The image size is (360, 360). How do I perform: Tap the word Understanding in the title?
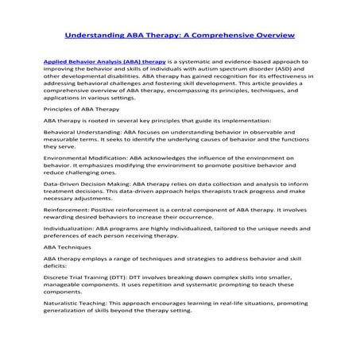(98, 37)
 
